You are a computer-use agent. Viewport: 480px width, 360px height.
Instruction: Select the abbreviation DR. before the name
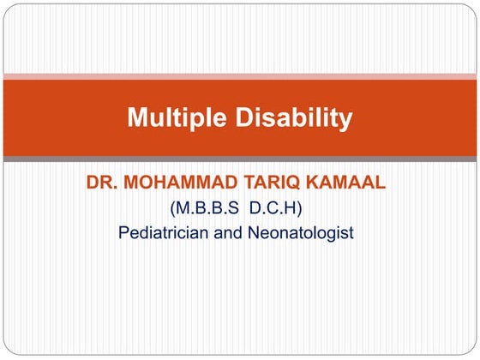tap(101, 183)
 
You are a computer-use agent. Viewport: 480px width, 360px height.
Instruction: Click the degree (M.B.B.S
tap(209, 208)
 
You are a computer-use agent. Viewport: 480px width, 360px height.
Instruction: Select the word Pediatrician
tap(165, 232)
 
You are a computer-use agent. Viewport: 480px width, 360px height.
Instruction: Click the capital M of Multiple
tap(137, 118)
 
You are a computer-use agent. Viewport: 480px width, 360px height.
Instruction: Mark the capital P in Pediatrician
tap(123, 232)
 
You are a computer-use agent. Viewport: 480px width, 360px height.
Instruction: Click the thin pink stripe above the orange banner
tap(240, 77)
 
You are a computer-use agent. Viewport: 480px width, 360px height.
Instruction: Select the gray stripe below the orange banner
tap(240, 159)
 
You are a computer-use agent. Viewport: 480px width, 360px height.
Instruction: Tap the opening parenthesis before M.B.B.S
tap(174, 208)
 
